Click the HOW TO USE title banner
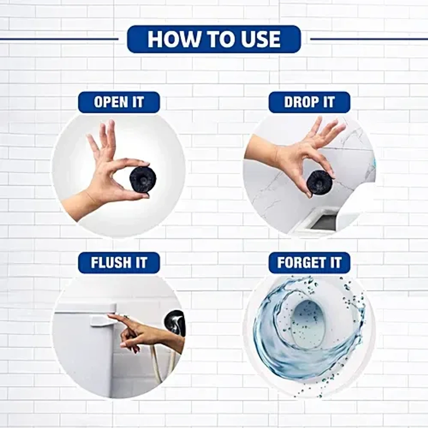(x=214, y=39)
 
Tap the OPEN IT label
(x=119, y=102)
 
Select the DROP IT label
(x=309, y=102)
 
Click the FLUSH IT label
(x=119, y=262)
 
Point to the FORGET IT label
(x=309, y=262)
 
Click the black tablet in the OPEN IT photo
(x=143, y=178)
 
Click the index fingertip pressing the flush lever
(x=110, y=315)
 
